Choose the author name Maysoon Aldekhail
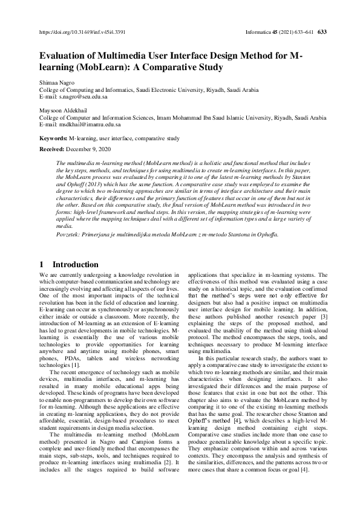(66, 111)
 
